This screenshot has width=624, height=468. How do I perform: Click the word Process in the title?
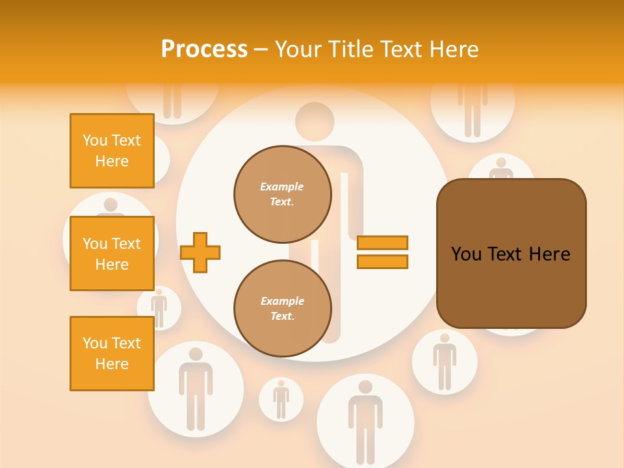pos(204,49)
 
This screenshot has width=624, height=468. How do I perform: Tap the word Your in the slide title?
pos(299,49)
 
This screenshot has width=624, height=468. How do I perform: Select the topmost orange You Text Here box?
pos(112,151)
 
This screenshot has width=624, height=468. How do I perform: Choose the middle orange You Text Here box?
pos(112,253)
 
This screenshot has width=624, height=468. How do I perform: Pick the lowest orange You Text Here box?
pos(112,353)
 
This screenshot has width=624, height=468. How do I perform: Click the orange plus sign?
pos(200,252)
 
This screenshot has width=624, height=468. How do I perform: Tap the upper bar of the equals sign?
pos(382,243)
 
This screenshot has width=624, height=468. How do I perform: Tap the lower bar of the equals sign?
pos(382,261)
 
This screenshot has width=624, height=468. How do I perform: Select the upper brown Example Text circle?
pos(282,194)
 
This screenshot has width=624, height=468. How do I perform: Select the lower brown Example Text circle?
pos(282,308)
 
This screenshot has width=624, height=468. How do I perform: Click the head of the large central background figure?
pos(315,122)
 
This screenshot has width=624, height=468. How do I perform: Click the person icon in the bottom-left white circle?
pos(195,388)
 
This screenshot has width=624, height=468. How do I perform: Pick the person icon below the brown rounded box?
pos(445,361)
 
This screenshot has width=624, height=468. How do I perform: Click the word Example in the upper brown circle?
pos(282,187)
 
